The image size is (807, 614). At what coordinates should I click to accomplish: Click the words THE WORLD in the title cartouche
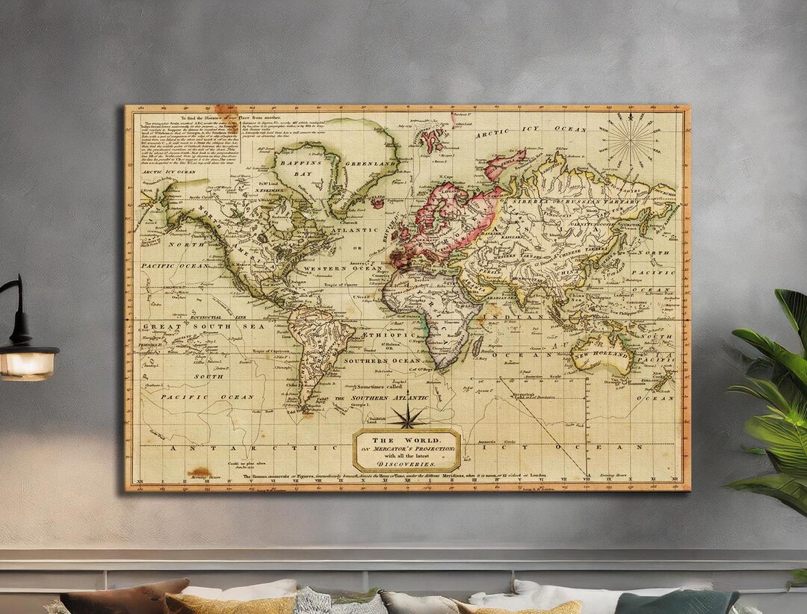click(406, 439)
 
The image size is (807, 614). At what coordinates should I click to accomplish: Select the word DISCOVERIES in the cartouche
click(406, 463)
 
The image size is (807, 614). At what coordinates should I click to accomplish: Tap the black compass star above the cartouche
click(406, 417)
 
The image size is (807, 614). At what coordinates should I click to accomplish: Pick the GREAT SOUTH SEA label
click(184, 326)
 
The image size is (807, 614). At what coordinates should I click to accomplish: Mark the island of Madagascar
click(476, 345)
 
